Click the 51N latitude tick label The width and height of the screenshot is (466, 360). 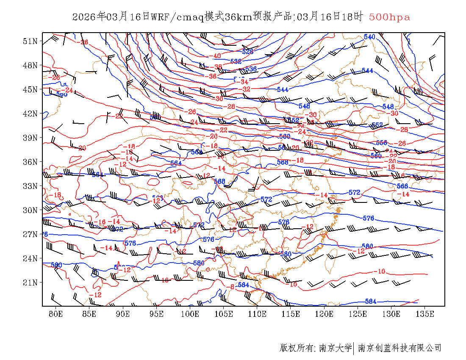30,41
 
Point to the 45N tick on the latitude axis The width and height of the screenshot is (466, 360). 30,89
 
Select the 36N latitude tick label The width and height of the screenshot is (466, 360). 30,162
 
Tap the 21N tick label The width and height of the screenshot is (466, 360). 30,282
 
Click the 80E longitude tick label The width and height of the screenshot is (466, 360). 56,314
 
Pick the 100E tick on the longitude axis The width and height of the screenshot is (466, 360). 190,314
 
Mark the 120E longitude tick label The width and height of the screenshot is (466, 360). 325,314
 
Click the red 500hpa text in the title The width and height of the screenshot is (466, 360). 389,17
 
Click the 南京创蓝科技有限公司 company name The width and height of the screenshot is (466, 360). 399,348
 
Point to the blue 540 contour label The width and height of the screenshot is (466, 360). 369,37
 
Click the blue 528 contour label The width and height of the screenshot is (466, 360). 247,52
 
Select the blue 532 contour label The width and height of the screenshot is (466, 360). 236,61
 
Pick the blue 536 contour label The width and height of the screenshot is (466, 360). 251,69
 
